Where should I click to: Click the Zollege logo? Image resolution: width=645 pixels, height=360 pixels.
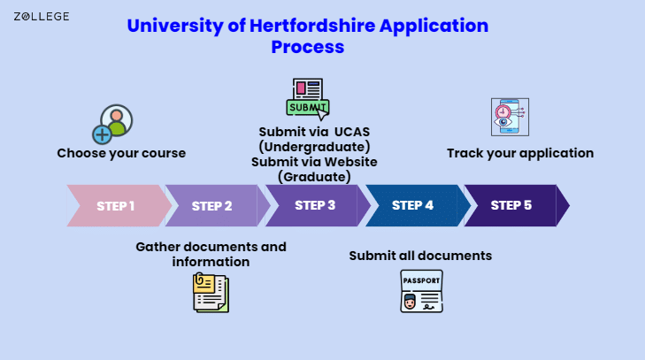pos(41,17)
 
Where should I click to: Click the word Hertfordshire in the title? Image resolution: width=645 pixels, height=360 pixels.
pos(312,26)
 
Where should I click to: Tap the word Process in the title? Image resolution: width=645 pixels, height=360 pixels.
pos(308,47)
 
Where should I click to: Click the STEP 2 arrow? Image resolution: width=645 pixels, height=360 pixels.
pos(217,206)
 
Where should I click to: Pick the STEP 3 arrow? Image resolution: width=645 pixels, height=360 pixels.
pos(318,206)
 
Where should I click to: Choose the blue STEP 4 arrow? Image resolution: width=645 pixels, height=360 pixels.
pos(418,206)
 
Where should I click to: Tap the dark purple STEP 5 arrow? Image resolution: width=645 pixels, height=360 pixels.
pos(517,206)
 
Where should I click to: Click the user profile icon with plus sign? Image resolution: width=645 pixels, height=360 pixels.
pos(112,124)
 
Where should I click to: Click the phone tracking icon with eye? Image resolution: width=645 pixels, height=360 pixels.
pos(511,118)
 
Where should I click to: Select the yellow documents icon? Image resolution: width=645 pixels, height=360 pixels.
pos(211,293)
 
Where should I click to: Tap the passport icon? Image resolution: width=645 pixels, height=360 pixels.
pos(422,291)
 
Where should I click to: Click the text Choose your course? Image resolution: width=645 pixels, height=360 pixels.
pos(121,153)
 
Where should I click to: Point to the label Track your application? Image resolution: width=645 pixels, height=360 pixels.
pos(520,153)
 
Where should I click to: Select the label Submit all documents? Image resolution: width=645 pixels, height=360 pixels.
pos(420,256)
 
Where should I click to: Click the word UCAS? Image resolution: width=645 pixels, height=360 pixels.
pos(352,132)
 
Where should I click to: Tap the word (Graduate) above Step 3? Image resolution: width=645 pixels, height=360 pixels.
pos(314,177)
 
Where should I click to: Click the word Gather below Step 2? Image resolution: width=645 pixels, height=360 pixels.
pos(158,247)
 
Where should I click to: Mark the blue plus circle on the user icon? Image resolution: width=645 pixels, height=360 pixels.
pos(102,134)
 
